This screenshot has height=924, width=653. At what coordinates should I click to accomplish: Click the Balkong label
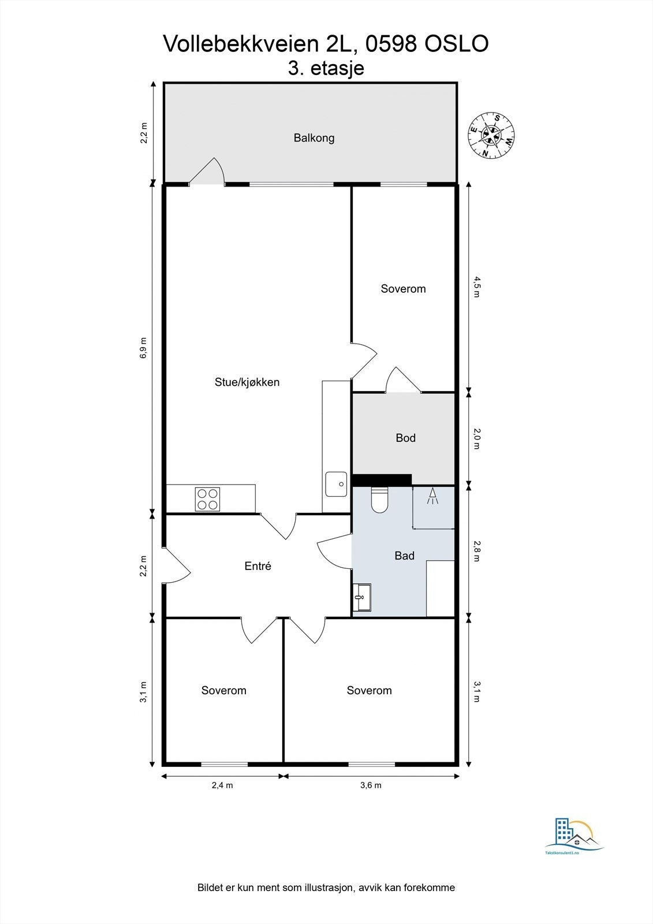point(314,138)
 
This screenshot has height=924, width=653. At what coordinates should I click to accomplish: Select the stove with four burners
point(207,499)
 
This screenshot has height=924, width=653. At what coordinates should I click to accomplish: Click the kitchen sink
point(335,484)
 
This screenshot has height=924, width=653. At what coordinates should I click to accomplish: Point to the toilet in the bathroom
point(379,500)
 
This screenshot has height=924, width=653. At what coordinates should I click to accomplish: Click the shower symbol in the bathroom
point(432,497)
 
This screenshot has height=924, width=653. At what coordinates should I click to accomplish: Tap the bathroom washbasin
point(362,597)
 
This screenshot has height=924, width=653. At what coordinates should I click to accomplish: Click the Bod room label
point(405,438)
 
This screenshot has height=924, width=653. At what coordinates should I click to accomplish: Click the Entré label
point(258,567)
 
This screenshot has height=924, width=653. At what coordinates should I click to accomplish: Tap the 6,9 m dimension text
point(143,348)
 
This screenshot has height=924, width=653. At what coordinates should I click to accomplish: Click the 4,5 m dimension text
point(476,286)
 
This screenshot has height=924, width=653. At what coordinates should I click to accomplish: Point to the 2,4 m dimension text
point(222,785)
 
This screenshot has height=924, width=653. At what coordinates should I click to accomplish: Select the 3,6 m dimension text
point(371,785)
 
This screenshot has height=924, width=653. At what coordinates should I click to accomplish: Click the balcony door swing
point(207,172)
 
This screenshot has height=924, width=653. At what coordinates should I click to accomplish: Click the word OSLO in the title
point(457,44)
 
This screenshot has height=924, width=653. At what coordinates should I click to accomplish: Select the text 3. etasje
point(326,68)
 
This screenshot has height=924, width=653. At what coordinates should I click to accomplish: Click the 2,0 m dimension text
point(476,438)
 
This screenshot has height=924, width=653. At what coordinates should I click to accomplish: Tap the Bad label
point(404,556)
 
